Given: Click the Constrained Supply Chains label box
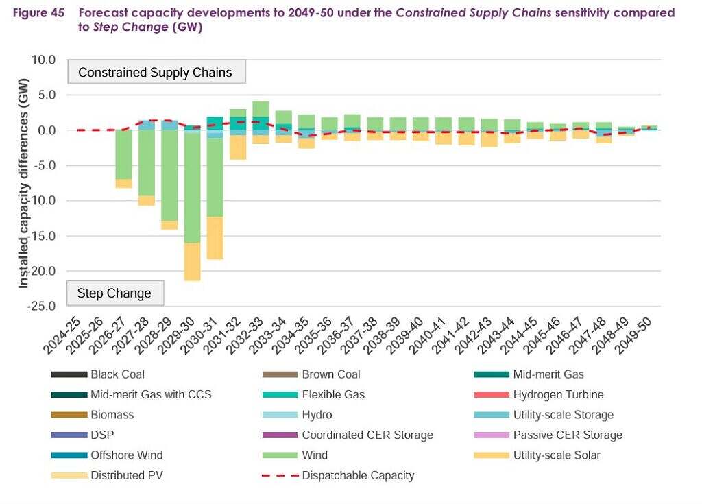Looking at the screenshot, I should (156, 73).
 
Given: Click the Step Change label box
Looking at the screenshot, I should (114, 293).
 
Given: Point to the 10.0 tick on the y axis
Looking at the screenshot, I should (43, 60).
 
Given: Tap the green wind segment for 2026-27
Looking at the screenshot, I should (123, 155).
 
